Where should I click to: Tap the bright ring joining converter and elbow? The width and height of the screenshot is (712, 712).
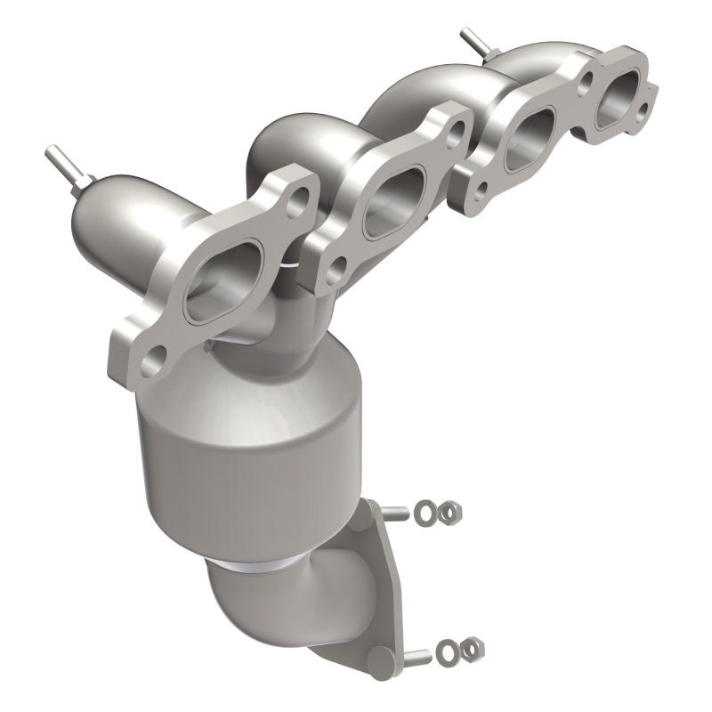point(258,562)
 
